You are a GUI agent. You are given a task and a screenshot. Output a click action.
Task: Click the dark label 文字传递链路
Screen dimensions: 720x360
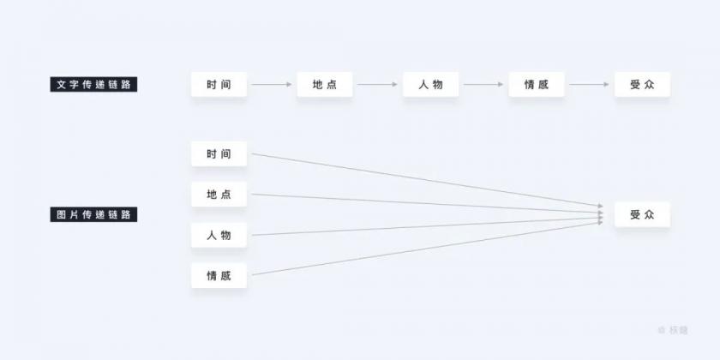pyautogui.click(x=93, y=85)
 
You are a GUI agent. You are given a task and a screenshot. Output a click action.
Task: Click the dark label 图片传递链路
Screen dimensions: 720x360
pyautogui.click(x=93, y=214)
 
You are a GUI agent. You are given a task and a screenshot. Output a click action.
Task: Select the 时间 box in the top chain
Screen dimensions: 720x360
pyautogui.click(x=219, y=85)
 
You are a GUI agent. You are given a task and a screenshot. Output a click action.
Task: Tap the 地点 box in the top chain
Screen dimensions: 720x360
pyautogui.click(x=325, y=85)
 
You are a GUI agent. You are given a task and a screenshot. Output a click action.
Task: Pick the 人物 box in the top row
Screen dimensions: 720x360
pyautogui.click(x=430, y=85)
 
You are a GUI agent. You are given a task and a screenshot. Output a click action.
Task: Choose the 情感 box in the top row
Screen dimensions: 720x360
pyautogui.click(x=537, y=85)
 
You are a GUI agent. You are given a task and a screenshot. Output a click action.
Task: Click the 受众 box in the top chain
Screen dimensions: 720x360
pyautogui.click(x=642, y=85)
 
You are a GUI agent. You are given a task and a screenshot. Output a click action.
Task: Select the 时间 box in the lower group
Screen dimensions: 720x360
pyautogui.click(x=219, y=153)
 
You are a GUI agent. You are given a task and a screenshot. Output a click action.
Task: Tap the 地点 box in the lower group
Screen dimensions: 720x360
pyautogui.click(x=219, y=195)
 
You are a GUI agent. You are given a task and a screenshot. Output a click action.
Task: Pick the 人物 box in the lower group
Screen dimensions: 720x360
pyautogui.click(x=219, y=235)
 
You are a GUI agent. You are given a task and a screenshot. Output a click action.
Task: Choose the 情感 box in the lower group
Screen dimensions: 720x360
pyautogui.click(x=219, y=275)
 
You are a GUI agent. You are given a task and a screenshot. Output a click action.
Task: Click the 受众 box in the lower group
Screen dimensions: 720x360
pyautogui.click(x=642, y=214)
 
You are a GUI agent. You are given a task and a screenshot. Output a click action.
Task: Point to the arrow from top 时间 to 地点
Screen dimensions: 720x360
pyautogui.click(x=272, y=85)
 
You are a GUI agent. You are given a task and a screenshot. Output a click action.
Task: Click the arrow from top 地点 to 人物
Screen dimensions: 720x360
pyautogui.click(x=377, y=85)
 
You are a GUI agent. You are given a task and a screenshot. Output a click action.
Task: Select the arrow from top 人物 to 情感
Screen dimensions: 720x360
pyautogui.click(x=483, y=85)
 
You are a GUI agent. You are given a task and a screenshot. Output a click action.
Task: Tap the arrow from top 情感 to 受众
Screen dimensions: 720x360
pyautogui.click(x=589, y=85)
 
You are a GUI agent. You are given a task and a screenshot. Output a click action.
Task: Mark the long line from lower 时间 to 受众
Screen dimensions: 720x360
pyautogui.click(x=427, y=180)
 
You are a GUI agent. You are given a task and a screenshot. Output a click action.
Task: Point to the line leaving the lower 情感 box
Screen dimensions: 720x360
pyautogui.click(x=427, y=249)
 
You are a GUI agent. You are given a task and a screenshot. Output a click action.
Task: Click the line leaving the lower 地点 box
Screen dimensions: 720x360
pyautogui.click(x=427, y=203)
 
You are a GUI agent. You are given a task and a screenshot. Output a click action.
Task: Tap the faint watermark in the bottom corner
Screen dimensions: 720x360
pyautogui.click(x=673, y=330)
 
